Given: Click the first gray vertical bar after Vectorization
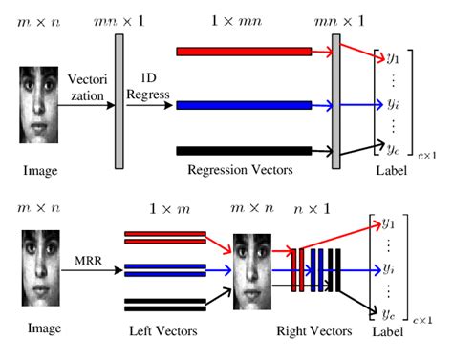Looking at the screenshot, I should click(x=119, y=102).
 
